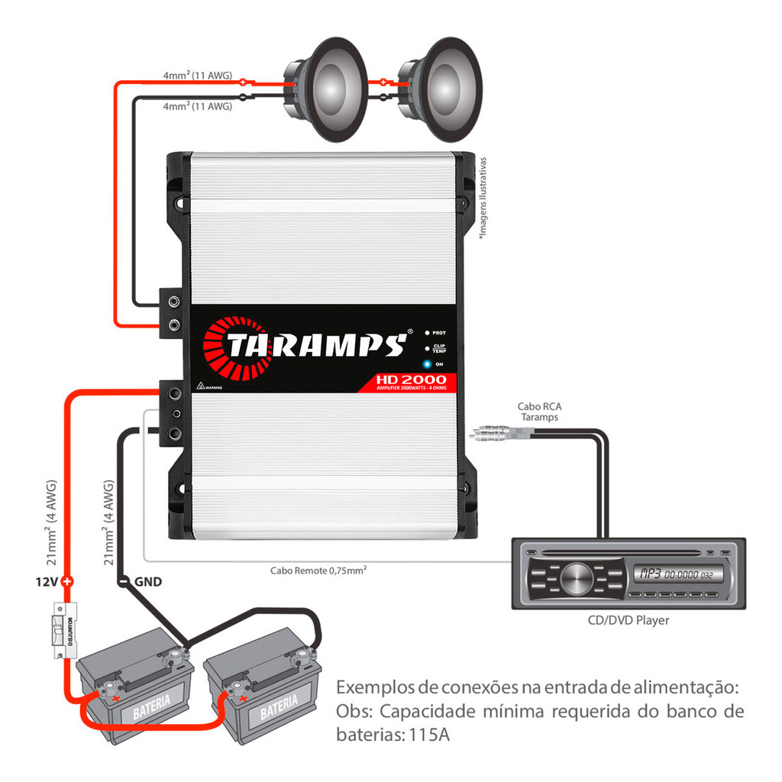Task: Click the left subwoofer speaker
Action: (327, 90)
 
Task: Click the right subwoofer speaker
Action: (441, 90)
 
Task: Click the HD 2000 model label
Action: (410, 380)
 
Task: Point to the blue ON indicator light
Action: (428, 364)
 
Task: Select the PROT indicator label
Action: (439, 333)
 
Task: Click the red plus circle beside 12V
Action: (68, 582)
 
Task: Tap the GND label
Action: (147, 582)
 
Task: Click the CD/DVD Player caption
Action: (628, 620)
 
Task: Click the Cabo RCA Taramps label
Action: (539, 412)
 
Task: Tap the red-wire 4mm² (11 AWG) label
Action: (197, 76)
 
